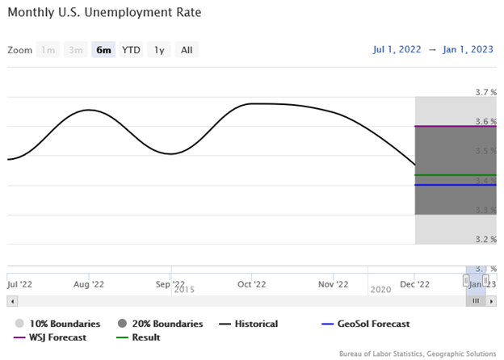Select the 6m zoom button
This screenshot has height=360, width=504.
103,50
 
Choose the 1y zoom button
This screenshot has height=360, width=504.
159,50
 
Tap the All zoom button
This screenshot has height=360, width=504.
187,50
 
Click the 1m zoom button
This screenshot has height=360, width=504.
48,50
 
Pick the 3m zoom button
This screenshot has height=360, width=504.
76,50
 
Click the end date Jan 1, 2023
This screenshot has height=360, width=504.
468,50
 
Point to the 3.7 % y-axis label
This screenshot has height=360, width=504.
485,92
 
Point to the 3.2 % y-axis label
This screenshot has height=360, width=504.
485,239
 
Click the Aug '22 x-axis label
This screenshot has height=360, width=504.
89,284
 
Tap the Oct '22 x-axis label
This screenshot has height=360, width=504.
252,284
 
